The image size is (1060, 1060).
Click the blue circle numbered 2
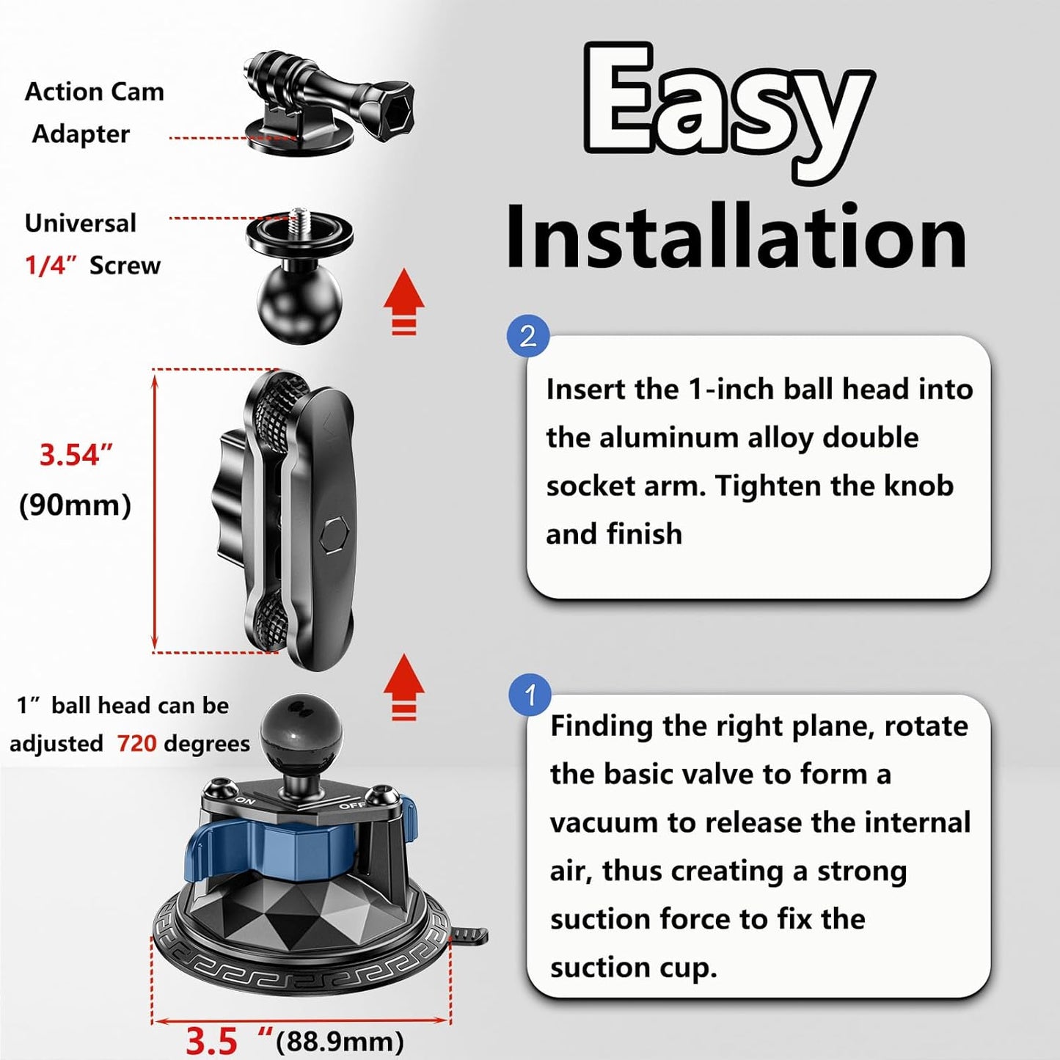tap(528, 336)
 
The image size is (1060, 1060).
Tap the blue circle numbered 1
tap(530, 695)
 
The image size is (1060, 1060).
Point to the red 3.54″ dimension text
tap(76, 455)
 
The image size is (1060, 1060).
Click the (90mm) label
tap(75, 505)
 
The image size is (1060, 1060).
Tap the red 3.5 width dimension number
tap(211, 1041)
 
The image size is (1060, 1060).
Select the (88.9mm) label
tap(340, 1041)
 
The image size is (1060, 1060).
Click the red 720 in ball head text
tap(136, 744)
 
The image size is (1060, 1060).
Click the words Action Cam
tap(94, 92)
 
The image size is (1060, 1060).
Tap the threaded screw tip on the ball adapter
tap(299, 216)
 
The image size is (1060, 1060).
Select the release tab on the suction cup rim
tap(471, 935)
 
